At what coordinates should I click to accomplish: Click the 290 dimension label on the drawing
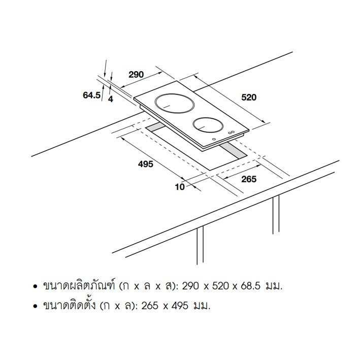coord(136,75)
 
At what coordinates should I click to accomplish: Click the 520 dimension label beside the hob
coord(249,97)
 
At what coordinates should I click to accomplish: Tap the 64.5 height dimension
coord(91,95)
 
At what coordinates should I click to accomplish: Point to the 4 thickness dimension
coord(111,99)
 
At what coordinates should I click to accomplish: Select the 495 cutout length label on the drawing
coord(146,164)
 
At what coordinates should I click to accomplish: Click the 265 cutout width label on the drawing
coord(249,179)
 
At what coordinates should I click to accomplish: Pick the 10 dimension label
coord(180,187)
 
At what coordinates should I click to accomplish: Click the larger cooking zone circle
coord(173,104)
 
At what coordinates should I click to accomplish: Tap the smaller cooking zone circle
coord(208,125)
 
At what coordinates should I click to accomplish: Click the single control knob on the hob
coord(214,139)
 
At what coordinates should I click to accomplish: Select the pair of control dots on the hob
coord(231,133)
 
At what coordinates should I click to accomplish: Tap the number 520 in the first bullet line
coord(221,286)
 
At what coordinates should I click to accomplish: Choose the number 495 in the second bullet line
coord(180,306)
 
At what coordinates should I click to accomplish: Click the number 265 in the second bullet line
coord(150,306)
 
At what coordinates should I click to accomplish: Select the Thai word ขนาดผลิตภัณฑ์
coord(79,286)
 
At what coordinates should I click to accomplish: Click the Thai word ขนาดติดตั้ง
coord(69,305)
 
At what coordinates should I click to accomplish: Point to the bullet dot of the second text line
coord(35,306)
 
